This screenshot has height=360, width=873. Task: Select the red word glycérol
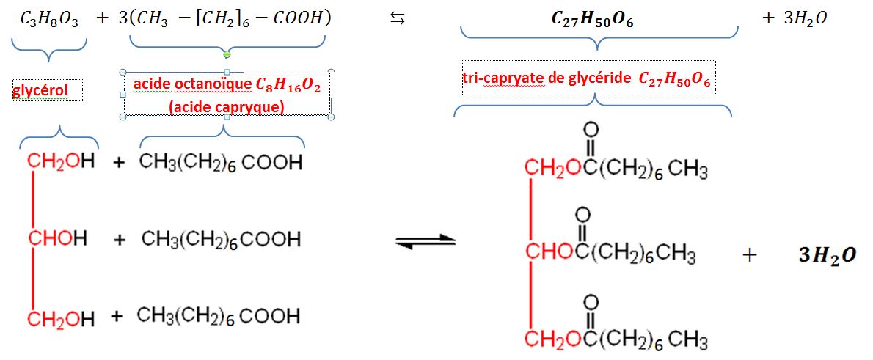coord(40,91)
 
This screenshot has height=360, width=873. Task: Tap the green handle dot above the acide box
coord(227,55)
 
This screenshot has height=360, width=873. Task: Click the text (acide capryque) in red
coord(226,107)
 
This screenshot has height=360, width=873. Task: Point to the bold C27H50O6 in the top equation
coord(592,20)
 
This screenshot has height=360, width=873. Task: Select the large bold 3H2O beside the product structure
coord(827,256)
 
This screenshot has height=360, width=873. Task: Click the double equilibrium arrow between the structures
coord(425,241)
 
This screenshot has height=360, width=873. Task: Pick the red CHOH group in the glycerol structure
coord(58,239)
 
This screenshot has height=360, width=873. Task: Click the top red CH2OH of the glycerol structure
coord(61,162)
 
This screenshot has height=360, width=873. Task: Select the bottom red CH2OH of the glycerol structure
coord(61,318)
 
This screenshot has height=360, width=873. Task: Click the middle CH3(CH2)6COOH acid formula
coord(221,239)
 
